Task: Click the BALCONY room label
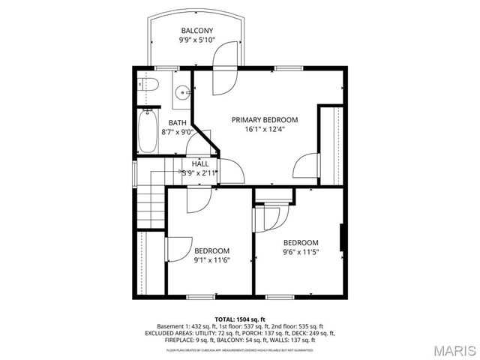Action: click(197, 31)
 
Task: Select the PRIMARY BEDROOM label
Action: click(264, 120)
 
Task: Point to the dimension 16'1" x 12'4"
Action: click(264, 129)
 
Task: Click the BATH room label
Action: click(177, 123)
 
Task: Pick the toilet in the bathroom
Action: click(147, 85)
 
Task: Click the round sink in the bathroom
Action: click(181, 93)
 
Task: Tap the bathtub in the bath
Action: click(148, 130)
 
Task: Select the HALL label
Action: click(200, 163)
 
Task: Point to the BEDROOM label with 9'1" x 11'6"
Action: click(211, 251)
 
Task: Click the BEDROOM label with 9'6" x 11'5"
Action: click(300, 242)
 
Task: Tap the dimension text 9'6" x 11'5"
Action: click(300, 252)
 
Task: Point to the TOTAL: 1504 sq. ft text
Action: click(239, 319)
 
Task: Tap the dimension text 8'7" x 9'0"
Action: click(177, 132)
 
